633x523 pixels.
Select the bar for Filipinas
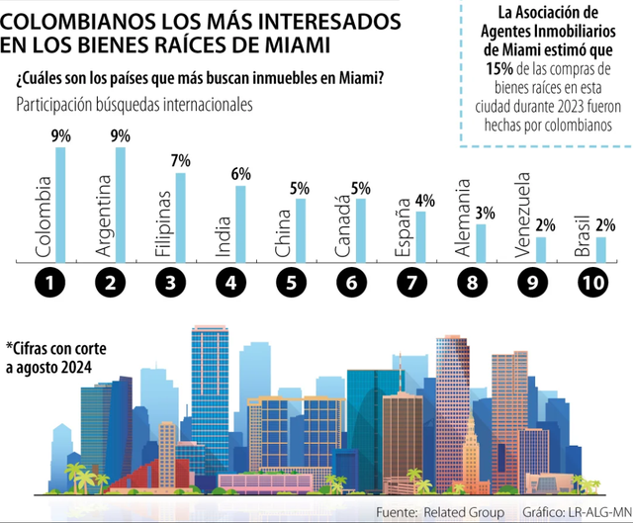(181, 218)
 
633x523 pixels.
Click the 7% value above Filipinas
(180, 160)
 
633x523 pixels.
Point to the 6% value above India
(240, 173)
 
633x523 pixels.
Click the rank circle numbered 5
(290, 284)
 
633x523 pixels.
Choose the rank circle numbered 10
(590, 284)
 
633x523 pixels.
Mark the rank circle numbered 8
(470, 284)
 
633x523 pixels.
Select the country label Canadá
(342, 226)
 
